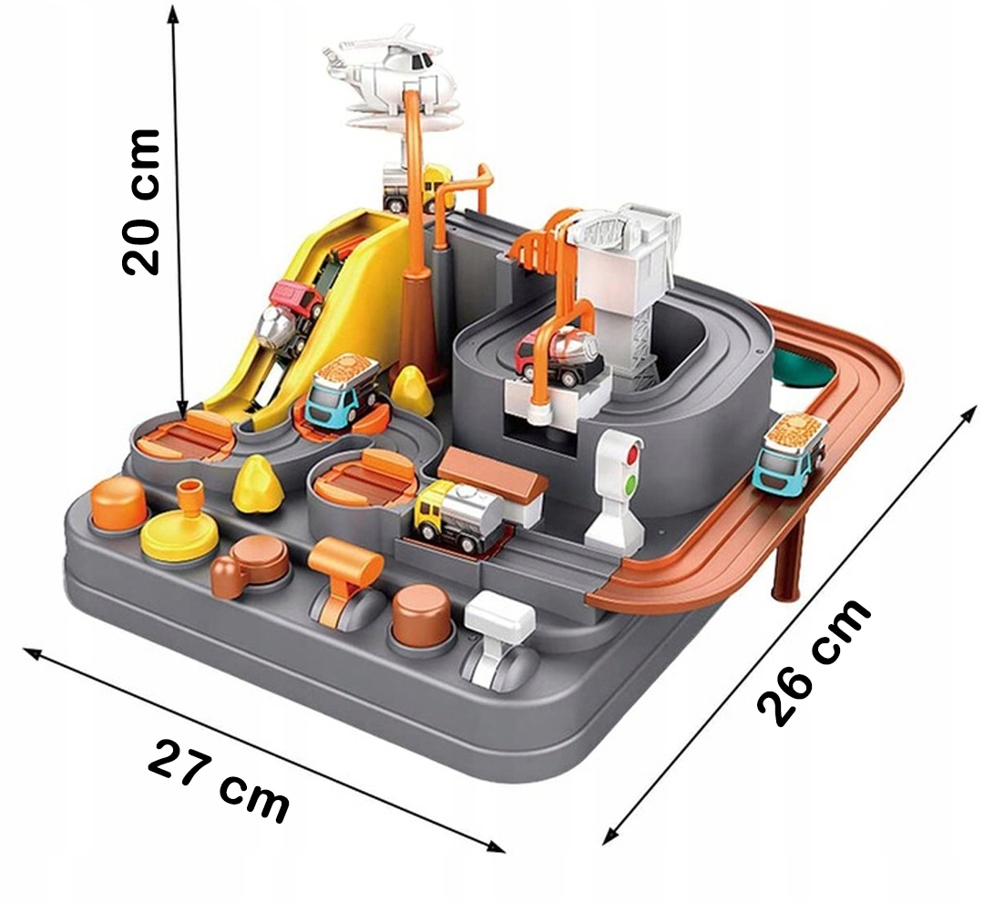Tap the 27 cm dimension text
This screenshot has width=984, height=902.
(219, 780)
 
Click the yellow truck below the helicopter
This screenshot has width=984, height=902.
(415, 187)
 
